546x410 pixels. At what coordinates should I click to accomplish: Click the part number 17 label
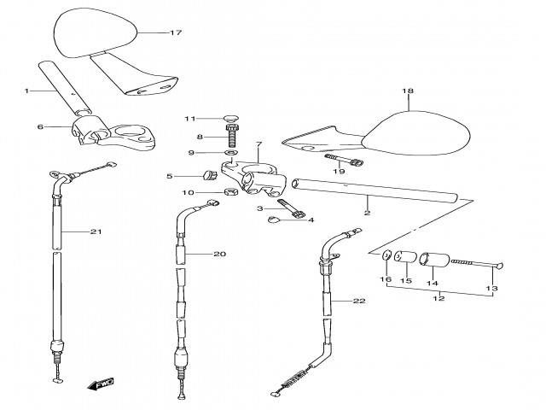click(176, 32)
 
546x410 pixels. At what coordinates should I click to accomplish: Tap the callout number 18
click(408, 91)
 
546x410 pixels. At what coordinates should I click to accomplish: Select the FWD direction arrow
click(101, 384)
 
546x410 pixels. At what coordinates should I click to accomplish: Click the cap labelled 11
click(231, 118)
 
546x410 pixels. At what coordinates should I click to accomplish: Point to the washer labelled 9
click(231, 152)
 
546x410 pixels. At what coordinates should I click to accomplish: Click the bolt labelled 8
click(232, 136)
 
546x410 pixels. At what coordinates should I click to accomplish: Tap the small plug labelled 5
click(210, 174)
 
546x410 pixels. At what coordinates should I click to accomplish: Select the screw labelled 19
click(344, 160)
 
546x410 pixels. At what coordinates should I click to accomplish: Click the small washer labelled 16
click(386, 255)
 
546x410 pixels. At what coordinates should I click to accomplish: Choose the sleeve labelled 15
click(405, 256)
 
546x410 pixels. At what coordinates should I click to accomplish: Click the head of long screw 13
click(498, 266)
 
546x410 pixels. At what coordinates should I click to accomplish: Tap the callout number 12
click(439, 298)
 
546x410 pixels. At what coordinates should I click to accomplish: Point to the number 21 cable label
click(96, 231)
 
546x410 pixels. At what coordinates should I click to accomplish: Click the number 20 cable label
click(219, 255)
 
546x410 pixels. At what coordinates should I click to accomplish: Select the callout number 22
click(359, 301)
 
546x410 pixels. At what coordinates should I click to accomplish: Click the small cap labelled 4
click(273, 219)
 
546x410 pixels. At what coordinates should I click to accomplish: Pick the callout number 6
click(40, 126)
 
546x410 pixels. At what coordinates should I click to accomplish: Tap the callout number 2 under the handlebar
click(367, 213)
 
